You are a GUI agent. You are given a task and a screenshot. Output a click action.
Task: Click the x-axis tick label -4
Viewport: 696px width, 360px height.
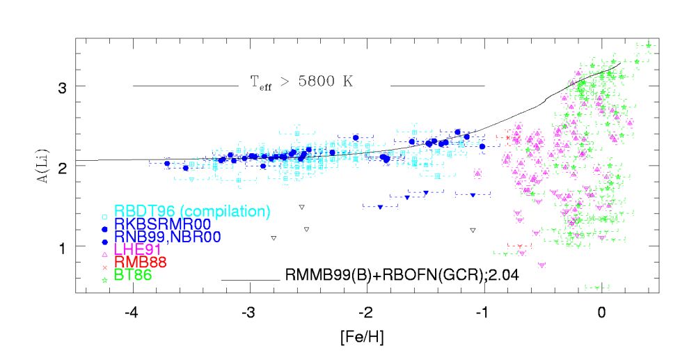[x=134, y=313]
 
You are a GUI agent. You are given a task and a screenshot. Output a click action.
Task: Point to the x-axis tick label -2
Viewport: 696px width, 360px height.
[x=367, y=313]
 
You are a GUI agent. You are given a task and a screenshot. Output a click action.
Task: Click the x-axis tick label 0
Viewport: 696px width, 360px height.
[x=601, y=313]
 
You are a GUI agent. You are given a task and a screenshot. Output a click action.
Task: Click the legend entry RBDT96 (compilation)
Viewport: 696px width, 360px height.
[x=192, y=211]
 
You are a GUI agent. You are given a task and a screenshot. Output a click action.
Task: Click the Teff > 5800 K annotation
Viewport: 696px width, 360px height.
[x=302, y=81]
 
